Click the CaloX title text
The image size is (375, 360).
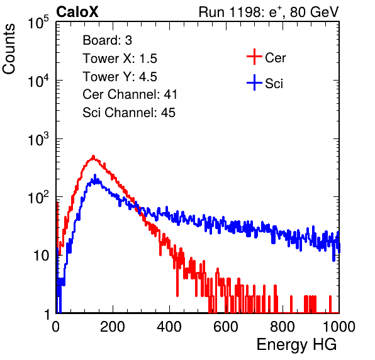tap(77, 12)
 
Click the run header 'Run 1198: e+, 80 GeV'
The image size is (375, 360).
tap(269, 12)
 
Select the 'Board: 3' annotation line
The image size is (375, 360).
tap(107, 40)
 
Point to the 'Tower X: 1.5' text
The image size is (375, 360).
tap(120, 59)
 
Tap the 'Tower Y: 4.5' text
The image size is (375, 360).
tap(120, 77)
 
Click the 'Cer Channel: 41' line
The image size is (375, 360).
tap(130, 94)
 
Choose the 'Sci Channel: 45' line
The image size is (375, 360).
tap(129, 113)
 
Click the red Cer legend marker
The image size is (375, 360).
tap(254, 57)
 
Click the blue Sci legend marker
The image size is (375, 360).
tap(254, 82)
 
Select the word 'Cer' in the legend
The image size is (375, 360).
tap(275, 58)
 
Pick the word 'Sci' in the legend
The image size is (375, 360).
tap(274, 84)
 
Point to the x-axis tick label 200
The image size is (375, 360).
tap(113, 327)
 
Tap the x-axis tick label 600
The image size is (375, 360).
tap(226, 327)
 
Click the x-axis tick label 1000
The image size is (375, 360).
tap(339, 327)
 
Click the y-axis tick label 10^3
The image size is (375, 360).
tap(38, 138)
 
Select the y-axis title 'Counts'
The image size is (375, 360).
tap(9, 48)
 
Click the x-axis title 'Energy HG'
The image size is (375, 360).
tap(296, 345)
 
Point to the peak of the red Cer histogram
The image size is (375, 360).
tap(94, 157)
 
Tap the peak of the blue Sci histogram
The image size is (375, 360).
tap(95, 176)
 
